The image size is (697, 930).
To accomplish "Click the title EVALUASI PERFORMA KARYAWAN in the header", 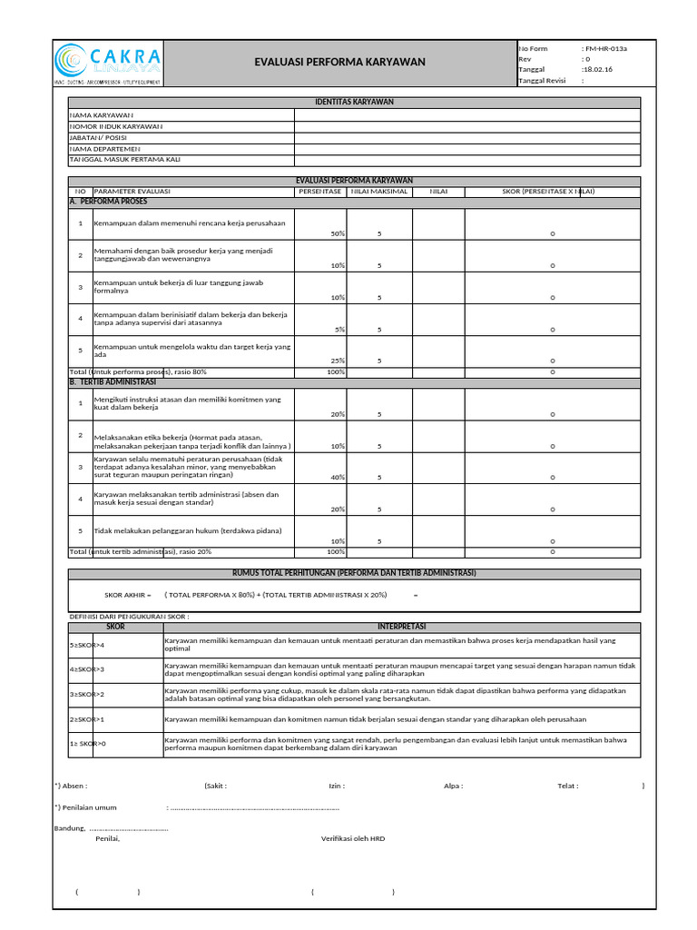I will (339, 63).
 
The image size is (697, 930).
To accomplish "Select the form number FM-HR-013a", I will (606, 48).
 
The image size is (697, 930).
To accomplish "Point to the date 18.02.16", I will (596, 69).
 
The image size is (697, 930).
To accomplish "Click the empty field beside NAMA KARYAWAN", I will (466, 115).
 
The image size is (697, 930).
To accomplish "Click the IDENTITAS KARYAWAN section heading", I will (354, 103).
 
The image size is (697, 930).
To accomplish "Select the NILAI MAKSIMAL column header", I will (379, 192).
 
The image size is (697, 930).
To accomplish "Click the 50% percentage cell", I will (338, 233).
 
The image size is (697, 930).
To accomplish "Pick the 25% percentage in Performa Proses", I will (338, 361).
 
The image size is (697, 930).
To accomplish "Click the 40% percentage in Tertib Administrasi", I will (338, 477).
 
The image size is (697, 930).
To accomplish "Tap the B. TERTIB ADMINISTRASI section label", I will (114, 382).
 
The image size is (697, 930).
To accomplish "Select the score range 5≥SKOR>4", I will (88, 645).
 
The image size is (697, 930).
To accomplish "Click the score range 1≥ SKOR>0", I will (88, 744).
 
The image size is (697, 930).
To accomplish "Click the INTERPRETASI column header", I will (401, 627).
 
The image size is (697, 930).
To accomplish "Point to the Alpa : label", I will (453, 787).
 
